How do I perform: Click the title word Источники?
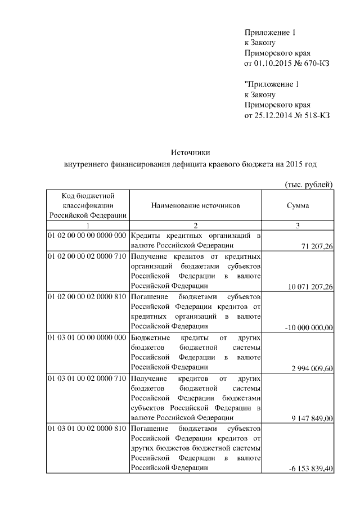click(x=190, y=152)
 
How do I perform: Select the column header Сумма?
click(x=298, y=206)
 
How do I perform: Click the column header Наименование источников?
click(x=195, y=206)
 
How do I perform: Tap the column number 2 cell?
click(x=195, y=225)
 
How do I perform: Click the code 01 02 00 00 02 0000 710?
click(x=87, y=256)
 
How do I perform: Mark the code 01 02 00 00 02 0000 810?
click(x=87, y=296)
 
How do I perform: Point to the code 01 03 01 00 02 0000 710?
click(x=87, y=378)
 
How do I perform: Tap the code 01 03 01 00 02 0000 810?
click(x=87, y=428)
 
